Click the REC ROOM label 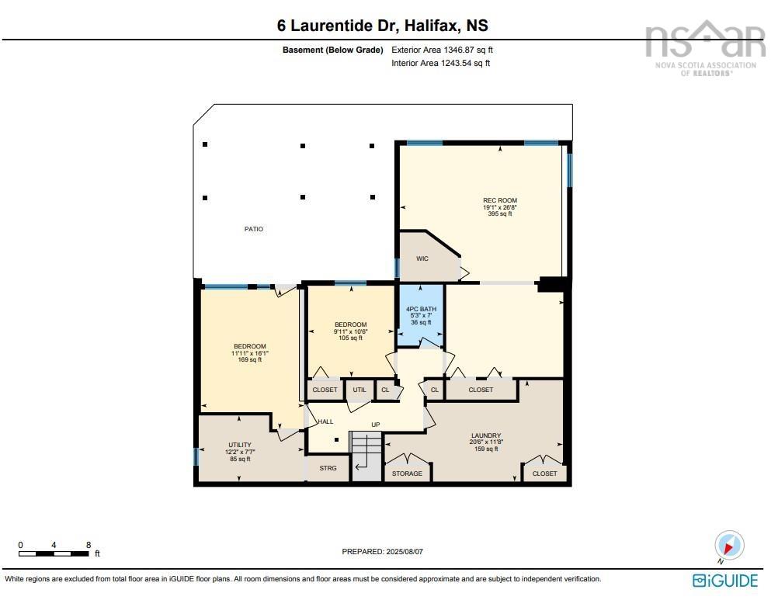pos(499,200)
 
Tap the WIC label pos(422,258)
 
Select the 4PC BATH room pos(422,316)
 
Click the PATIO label pos(253,229)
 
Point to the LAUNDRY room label pos(485,435)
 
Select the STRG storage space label pos(328,469)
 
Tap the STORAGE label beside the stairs pos(407,473)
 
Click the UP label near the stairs pos(375,425)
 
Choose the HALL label pos(325,421)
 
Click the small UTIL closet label pos(359,390)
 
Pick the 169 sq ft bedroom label pos(249,359)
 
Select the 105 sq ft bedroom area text pos(350,338)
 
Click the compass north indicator pos(728,546)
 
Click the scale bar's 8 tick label pos(88,545)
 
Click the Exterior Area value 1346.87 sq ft pos(443,50)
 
